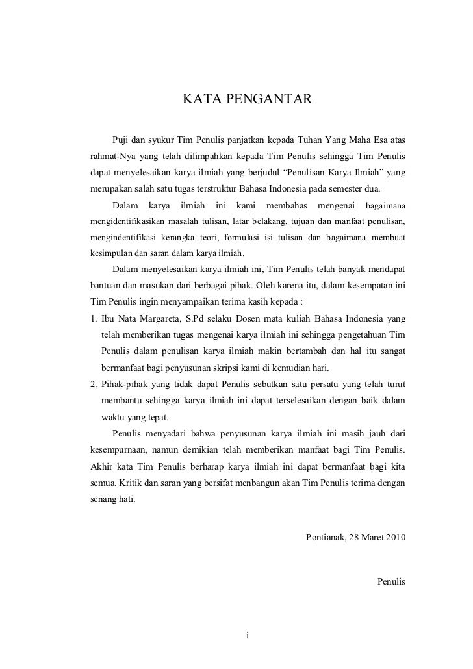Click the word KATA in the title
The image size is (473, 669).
(x=198, y=99)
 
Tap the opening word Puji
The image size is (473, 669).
(x=121, y=141)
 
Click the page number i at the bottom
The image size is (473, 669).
(x=248, y=634)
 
